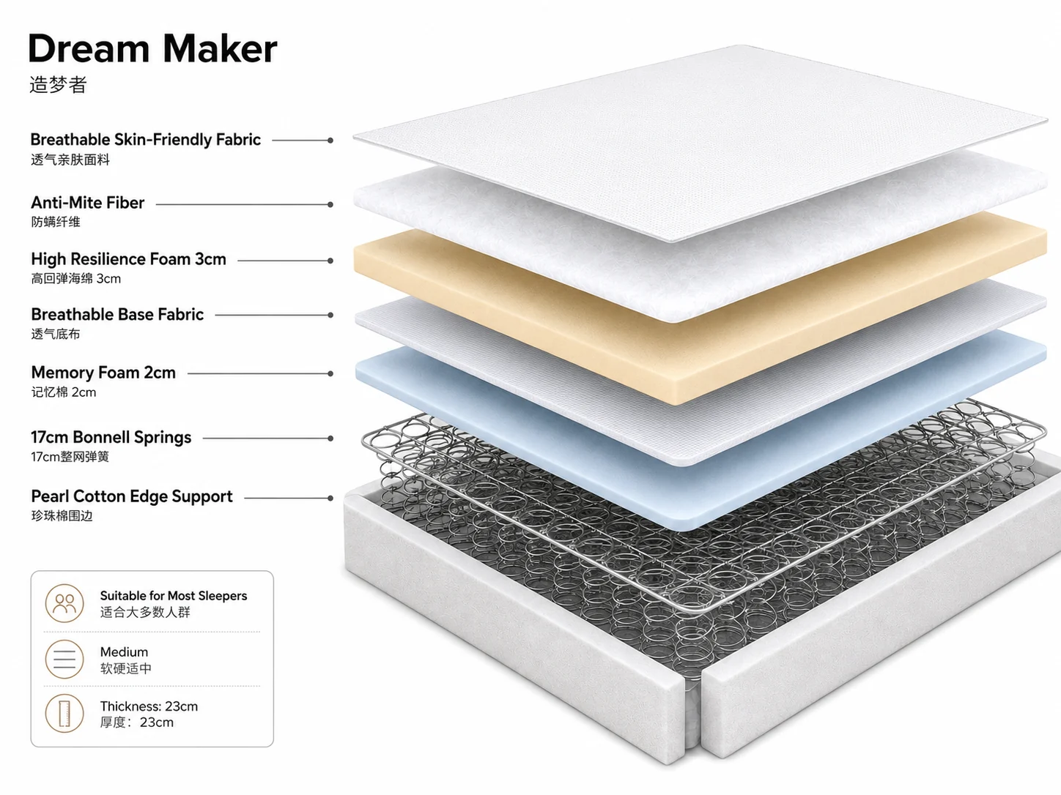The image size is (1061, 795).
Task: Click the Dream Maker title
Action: click(152, 49)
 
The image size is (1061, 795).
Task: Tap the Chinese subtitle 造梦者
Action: click(58, 84)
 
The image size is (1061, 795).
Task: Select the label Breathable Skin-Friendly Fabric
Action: click(146, 140)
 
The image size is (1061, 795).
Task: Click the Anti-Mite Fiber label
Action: click(87, 203)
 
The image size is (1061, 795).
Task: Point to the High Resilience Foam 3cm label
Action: click(128, 259)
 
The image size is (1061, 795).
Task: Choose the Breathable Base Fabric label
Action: click(117, 314)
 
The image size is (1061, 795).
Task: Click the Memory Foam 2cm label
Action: click(103, 373)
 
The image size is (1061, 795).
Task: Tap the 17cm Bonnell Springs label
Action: click(111, 437)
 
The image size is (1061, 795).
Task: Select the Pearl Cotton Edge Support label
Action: click(132, 496)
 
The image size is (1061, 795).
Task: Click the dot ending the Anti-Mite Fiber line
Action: click(330, 205)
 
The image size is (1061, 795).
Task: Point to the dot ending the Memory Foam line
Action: click(330, 373)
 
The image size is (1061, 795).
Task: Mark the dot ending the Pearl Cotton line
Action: click(330, 498)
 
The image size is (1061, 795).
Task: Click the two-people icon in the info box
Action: click(64, 603)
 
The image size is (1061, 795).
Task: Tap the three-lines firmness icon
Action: click(64, 660)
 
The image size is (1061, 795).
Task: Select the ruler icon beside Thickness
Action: click(64, 714)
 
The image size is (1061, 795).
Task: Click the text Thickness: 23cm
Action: click(149, 706)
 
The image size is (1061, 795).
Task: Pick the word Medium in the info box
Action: click(125, 652)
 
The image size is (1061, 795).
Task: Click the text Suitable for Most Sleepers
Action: click(174, 596)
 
